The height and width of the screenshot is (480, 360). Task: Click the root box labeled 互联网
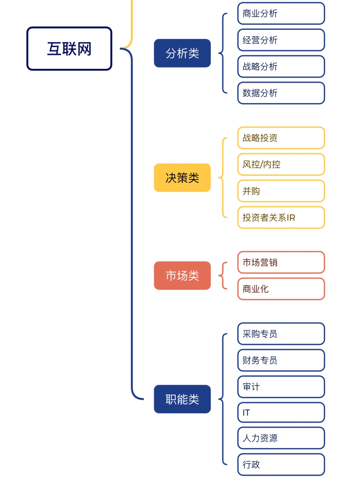(x=69, y=49)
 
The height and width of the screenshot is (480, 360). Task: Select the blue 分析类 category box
(x=182, y=53)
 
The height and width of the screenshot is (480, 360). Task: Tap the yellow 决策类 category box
(x=182, y=178)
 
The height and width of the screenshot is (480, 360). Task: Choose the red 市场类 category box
(x=182, y=276)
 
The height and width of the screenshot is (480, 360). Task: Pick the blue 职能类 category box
(x=182, y=399)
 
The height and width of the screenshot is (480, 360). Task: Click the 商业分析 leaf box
(x=281, y=14)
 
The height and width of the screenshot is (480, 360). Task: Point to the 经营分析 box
(x=281, y=40)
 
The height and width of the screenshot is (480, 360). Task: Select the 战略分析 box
(x=281, y=66)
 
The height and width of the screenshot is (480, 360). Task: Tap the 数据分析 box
(x=281, y=93)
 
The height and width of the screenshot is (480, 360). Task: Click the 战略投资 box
(x=281, y=138)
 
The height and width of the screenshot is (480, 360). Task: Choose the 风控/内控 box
(x=281, y=164)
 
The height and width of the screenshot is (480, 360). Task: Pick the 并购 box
(x=281, y=191)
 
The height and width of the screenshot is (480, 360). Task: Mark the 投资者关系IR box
(x=281, y=217)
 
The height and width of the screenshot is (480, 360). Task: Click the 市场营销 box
(x=281, y=263)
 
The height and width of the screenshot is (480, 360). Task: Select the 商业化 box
(x=281, y=289)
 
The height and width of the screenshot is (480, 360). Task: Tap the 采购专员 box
(x=281, y=334)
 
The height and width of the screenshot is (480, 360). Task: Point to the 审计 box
(x=281, y=387)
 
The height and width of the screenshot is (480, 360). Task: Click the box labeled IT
(x=281, y=413)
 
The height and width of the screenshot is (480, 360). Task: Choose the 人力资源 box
(x=281, y=438)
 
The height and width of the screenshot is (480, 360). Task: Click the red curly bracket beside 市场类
(x=223, y=276)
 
